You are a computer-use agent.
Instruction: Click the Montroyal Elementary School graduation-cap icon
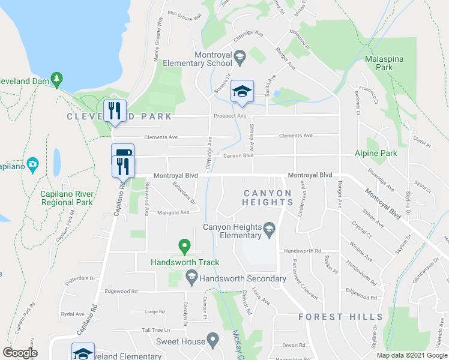[x=240, y=58]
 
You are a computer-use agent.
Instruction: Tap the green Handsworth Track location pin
[x=184, y=246]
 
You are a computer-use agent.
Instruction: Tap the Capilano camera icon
[x=32, y=164]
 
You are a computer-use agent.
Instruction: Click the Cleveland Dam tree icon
[x=56, y=78]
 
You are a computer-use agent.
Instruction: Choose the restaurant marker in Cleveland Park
[x=115, y=111]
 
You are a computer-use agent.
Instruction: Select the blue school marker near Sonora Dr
[x=242, y=92]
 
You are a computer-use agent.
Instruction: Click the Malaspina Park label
[x=379, y=64]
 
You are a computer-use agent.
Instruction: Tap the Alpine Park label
[x=376, y=154]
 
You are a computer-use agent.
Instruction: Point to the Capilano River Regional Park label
[x=67, y=198]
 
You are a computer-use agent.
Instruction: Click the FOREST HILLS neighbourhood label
[x=340, y=316]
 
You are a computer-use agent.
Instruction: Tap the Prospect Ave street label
[x=229, y=115]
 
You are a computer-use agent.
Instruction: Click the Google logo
[x=20, y=353]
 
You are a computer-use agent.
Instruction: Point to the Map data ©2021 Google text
[x=411, y=355]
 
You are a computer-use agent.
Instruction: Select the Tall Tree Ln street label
[x=156, y=330]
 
